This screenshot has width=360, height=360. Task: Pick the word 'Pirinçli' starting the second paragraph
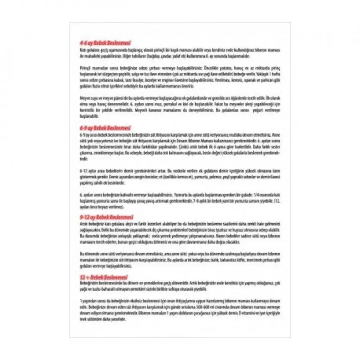pos(87,68)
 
